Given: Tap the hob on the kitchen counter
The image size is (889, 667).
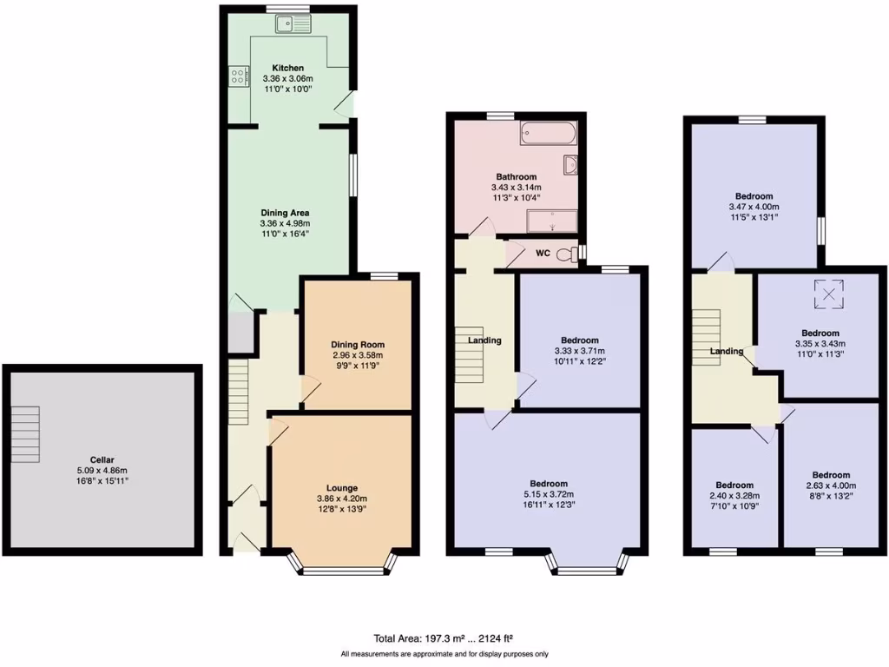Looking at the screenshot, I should pos(237,77).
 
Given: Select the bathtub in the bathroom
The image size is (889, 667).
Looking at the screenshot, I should pos(548,134).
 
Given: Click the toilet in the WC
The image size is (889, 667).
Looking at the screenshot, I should pos(567,254).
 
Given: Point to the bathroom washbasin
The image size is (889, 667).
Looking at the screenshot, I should pos(571,165).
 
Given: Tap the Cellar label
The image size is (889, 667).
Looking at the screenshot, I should pos(102,459).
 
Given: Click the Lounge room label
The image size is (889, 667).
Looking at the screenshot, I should pos(342,488).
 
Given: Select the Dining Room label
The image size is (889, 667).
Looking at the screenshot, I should pos(358,345).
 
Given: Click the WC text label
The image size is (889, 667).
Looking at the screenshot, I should pos(542,254).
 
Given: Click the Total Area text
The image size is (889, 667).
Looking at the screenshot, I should pos(447,638).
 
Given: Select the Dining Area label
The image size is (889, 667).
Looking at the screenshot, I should pos(285,213).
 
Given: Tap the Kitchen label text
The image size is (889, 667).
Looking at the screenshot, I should pos(288,68).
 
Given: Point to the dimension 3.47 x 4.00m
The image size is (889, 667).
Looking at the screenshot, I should pos(754,208).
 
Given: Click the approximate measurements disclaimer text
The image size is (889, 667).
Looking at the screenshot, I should pos(444,654).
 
